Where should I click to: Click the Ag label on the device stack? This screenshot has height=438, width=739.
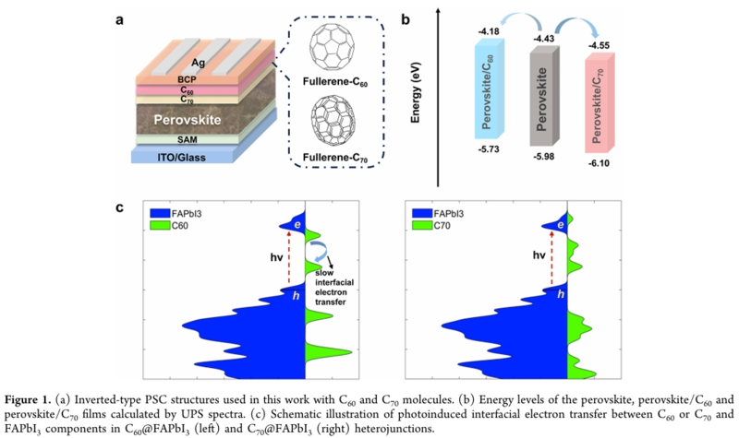click(196, 63)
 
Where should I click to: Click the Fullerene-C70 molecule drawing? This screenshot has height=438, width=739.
click(337, 123)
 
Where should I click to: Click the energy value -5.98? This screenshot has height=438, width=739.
click(545, 156)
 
